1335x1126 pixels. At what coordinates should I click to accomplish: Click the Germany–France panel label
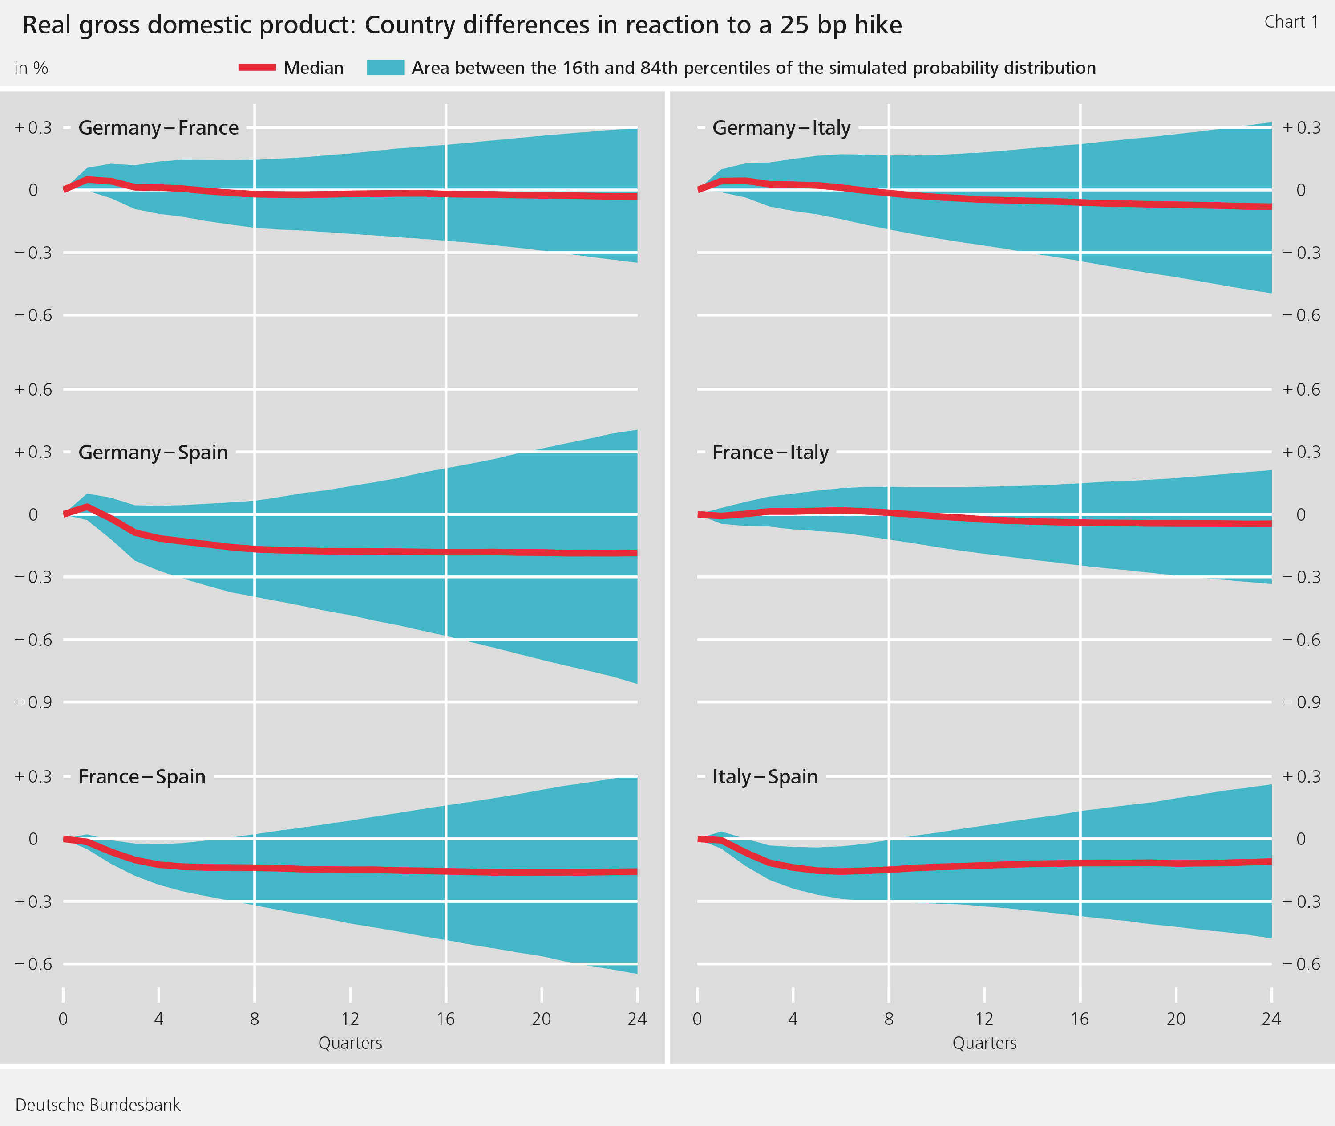pos(158,128)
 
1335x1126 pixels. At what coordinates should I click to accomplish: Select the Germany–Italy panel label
pos(781,128)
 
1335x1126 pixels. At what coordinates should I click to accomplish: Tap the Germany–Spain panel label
pos(153,452)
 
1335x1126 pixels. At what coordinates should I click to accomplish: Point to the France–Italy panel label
pos(770,452)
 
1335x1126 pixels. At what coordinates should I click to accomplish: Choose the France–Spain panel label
pos(142,776)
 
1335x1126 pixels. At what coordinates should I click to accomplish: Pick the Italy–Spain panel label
pos(765,776)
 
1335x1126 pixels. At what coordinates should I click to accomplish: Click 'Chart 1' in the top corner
pos(1291,22)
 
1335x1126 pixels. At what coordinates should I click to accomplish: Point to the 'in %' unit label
pos(31,68)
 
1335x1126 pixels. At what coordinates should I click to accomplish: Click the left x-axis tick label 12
pos(349,1019)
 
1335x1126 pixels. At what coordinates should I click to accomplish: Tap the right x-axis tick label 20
pos(1176,1019)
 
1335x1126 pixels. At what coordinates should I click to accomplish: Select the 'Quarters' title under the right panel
pos(984,1043)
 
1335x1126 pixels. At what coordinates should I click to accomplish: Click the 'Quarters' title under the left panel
pos(350,1043)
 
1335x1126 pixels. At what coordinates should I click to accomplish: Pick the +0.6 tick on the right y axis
pos(1302,389)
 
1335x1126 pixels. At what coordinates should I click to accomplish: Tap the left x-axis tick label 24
pos(636,1019)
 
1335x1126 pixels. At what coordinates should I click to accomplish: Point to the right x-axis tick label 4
pos(793,1019)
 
